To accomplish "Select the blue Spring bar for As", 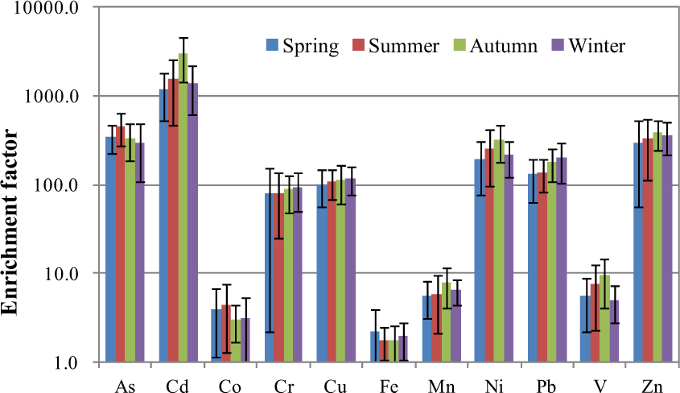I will (111, 250).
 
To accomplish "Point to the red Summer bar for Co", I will (226, 333).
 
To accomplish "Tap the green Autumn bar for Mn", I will (445, 322).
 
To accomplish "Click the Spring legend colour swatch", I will (272, 45).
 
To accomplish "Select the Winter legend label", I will (596, 45).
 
